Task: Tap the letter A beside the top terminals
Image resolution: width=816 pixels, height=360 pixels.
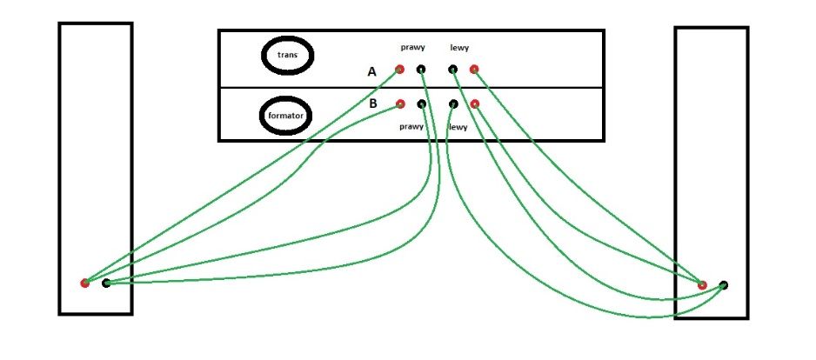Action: (371, 72)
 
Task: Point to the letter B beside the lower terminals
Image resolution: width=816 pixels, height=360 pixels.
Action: (373, 103)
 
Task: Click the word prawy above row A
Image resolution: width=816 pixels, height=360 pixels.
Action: (412, 47)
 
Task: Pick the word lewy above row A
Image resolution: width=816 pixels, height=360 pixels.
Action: (459, 48)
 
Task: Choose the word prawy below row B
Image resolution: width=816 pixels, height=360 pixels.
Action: (411, 126)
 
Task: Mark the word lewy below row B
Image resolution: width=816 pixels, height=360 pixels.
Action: (458, 127)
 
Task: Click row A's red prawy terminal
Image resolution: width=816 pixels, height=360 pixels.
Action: (399, 69)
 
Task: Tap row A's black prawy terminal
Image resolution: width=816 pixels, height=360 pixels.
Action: (421, 69)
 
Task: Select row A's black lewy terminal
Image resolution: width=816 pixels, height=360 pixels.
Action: (453, 69)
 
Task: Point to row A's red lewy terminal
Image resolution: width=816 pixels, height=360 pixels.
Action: (474, 69)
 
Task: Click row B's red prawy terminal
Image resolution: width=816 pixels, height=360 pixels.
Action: (400, 103)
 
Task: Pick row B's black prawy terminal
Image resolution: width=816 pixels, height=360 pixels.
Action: (422, 104)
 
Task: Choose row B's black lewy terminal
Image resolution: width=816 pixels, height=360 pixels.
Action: (454, 104)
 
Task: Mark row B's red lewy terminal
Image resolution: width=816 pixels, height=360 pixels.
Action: (475, 104)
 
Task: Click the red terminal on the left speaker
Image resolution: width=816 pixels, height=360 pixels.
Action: (85, 283)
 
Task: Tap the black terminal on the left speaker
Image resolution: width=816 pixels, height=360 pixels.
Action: (106, 283)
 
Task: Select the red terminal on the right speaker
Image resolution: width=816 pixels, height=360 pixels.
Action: (702, 284)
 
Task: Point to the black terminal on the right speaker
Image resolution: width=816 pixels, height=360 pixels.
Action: (724, 285)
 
